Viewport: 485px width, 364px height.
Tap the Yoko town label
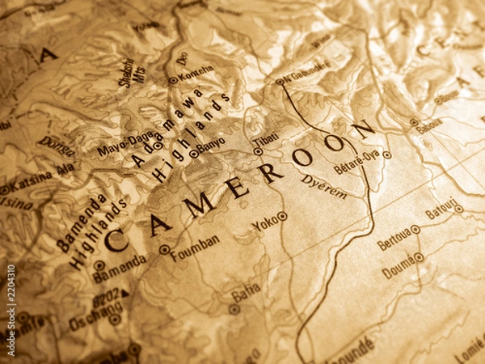[x=263, y=223]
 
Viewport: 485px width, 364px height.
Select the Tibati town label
[x=265, y=140]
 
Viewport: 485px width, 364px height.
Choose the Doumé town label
[x=397, y=267]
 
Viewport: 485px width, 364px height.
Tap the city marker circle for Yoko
[x=282, y=216]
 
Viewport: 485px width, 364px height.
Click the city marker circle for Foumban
[x=164, y=250]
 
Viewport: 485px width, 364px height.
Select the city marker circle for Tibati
[x=258, y=151]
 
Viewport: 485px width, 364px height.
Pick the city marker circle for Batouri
[x=458, y=209]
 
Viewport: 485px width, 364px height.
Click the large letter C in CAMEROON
[x=116, y=239]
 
